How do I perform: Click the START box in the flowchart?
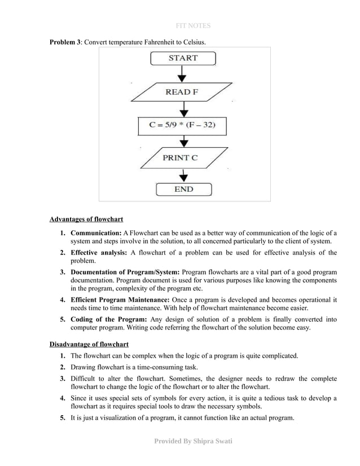pyautogui.click(x=183, y=58)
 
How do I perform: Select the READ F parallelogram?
pyautogui.click(x=182, y=91)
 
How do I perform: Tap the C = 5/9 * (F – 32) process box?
pyautogui.click(x=182, y=125)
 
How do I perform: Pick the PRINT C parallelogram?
pyautogui.click(x=181, y=157)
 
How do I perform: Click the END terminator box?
pyautogui.click(x=183, y=190)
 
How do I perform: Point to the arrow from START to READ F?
pyautogui.click(x=182, y=74)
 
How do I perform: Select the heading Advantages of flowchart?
pyautogui.click(x=86, y=219)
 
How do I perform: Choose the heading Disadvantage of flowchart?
pyautogui.click(x=89, y=344)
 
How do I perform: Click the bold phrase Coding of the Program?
pyautogui.click(x=108, y=319)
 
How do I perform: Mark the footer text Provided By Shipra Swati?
pyautogui.click(x=193, y=441)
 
